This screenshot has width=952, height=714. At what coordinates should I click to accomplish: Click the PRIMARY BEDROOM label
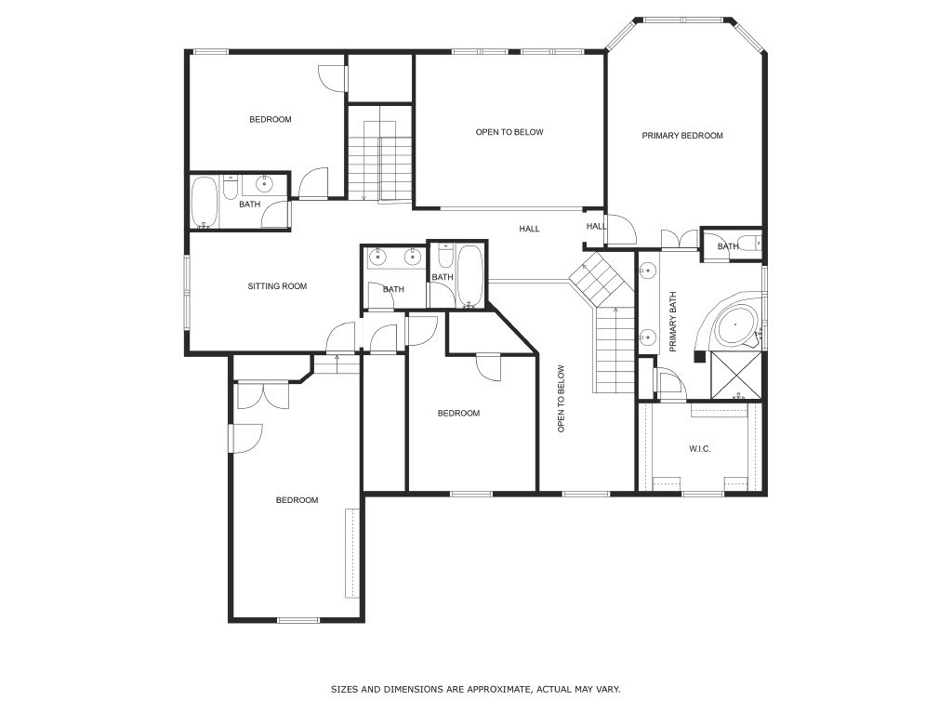[x=682, y=136]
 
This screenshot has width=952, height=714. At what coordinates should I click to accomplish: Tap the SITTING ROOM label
[x=277, y=286]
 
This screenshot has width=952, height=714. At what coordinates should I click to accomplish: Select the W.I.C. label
[x=699, y=449]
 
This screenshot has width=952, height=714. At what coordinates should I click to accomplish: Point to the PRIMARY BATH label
[x=673, y=322]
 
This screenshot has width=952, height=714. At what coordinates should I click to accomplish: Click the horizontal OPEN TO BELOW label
[x=509, y=132]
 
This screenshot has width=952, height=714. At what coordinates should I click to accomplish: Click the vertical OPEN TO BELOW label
[x=561, y=399]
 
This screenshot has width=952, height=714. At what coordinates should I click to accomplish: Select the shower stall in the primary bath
[x=736, y=376]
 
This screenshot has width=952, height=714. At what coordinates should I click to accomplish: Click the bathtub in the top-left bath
[x=204, y=203]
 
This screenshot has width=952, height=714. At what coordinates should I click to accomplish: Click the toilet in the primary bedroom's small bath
[x=753, y=244]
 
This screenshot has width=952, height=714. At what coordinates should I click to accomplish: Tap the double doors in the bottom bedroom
[x=263, y=394]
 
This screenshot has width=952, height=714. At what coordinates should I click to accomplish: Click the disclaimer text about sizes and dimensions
[x=475, y=689]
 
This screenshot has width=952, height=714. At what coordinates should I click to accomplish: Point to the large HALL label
[x=529, y=229]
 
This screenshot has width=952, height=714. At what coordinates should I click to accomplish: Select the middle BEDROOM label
[x=458, y=414]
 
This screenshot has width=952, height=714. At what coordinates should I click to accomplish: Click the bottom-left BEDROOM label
[x=297, y=500]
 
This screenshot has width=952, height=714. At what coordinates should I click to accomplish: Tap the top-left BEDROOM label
[x=271, y=120]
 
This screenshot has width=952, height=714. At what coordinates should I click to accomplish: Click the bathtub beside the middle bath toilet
[x=469, y=275]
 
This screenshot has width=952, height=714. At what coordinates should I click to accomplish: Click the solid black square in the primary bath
[x=700, y=357]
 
